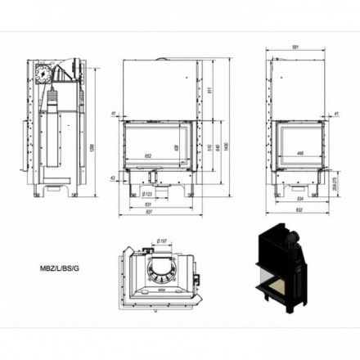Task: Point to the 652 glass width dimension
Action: coord(150,155)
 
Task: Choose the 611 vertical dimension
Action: coord(210,89)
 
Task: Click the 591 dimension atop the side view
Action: coord(300,47)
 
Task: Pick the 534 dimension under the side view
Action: coord(300,199)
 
